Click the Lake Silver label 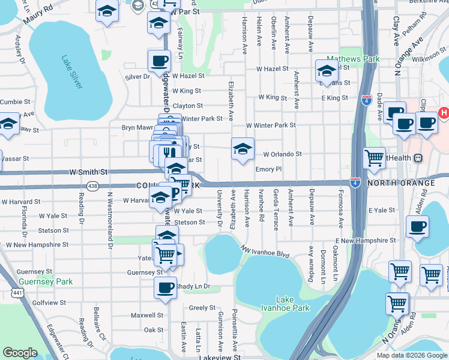(71, 72)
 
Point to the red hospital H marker (444, 112)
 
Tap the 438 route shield (92, 186)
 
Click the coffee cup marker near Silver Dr (159, 61)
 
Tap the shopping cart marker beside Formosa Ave (374, 158)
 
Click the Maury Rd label (38, 16)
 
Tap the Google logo (20, 353)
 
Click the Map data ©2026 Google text (412, 355)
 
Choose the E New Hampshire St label (366, 240)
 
